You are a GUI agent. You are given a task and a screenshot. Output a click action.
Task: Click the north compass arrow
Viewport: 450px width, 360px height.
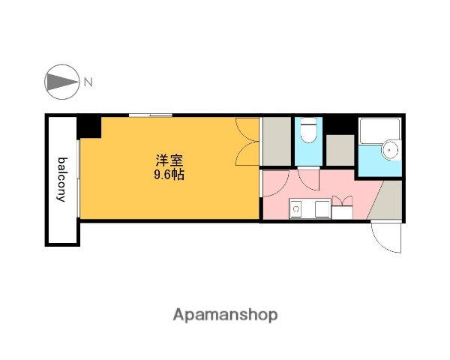pos(63,82)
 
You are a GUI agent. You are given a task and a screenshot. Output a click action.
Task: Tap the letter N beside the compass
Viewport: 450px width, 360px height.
pos(88,82)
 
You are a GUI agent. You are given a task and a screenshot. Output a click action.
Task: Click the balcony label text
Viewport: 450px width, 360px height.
pos(63,180)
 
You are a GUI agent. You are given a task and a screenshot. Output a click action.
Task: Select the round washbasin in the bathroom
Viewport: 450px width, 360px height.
pos(390,151)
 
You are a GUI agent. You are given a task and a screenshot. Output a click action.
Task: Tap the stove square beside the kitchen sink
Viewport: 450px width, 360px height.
pos(323,210)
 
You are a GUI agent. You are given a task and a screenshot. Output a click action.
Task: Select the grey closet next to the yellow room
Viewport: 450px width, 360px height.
pos(276,141)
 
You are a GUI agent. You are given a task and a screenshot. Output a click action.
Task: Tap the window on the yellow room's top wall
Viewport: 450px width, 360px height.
pos(150,115)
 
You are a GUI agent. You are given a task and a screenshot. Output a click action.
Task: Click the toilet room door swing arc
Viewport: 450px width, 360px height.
pos(307,180)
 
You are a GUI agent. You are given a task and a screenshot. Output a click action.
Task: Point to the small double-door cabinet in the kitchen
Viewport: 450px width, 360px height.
pos(342,208)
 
